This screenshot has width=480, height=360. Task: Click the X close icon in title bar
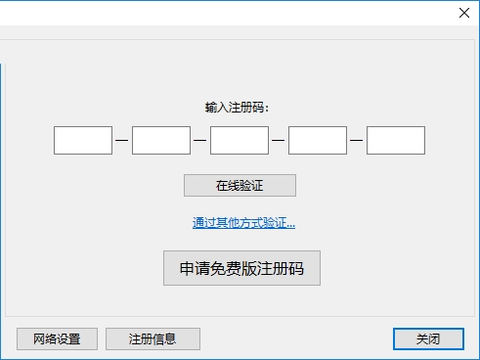click(x=464, y=13)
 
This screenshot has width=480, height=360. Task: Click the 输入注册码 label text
click(x=237, y=108)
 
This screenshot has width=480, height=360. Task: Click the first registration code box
click(x=83, y=140)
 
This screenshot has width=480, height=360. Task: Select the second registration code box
click(x=161, y=140)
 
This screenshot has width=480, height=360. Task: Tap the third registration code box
click(x=240, y=140)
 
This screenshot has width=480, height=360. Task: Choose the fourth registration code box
click(x=318, y=140)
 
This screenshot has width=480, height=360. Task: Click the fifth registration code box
click(x=396, y=140)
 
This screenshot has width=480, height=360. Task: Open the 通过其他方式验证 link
click(x=243, y=223)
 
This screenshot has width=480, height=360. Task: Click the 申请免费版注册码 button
click(x=241, y=268)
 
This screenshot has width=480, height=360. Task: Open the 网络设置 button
click(x=57, y=338)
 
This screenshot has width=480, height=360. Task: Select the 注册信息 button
click(x=153, y=338)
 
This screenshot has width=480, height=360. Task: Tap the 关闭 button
click(x=428, y=338)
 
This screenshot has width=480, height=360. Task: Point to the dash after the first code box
click(x=122, y=140)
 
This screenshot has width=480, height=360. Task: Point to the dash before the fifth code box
click(x=357, y=140)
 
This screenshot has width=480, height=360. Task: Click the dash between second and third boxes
click(x=200, y=140)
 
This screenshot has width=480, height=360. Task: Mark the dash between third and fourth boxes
click(x=279, y=140)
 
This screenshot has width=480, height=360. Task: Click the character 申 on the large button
click(x=187, y=268)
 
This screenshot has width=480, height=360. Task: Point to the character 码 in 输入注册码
click(x=258, y=108)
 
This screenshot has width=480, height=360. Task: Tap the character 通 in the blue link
click(x=198, y=223)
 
